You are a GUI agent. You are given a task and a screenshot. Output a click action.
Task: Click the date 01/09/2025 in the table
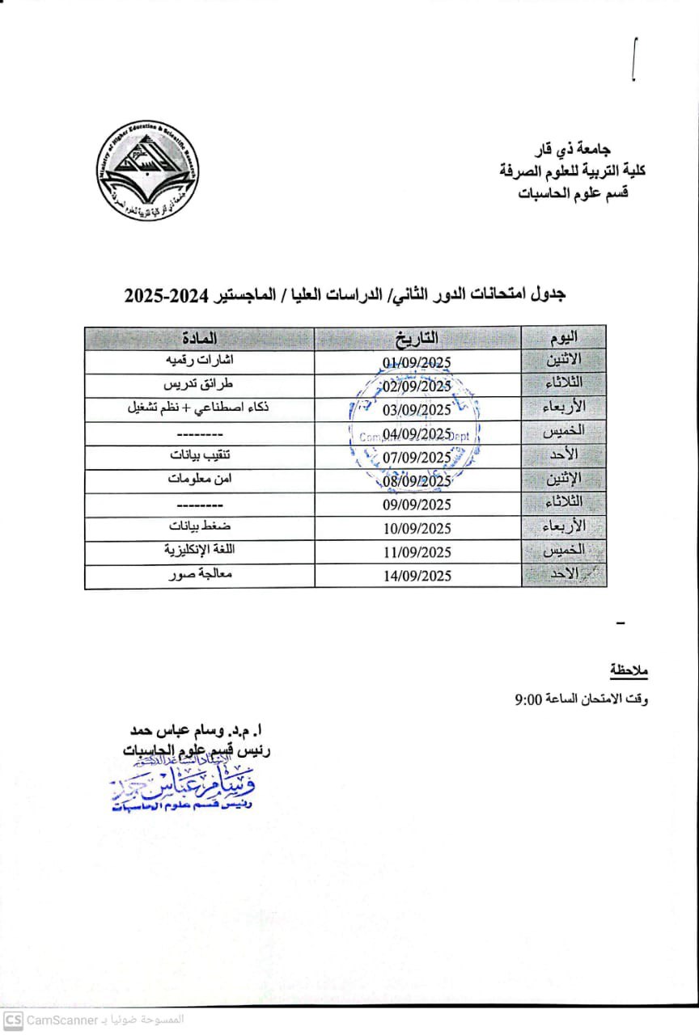click(x=417, y=361)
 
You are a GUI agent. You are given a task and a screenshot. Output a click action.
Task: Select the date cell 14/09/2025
click(x=417, y=577)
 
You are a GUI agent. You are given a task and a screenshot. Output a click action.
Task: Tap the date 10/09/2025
click(x=417, y=529)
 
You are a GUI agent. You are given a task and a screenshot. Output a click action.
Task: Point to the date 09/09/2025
click(x=417, y=505)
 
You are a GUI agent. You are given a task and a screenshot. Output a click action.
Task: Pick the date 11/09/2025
click(x=417, y=552)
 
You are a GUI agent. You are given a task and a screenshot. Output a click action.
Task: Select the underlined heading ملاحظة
click(x=629, y=670)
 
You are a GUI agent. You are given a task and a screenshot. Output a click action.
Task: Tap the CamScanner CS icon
click(x=13, y=1020)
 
